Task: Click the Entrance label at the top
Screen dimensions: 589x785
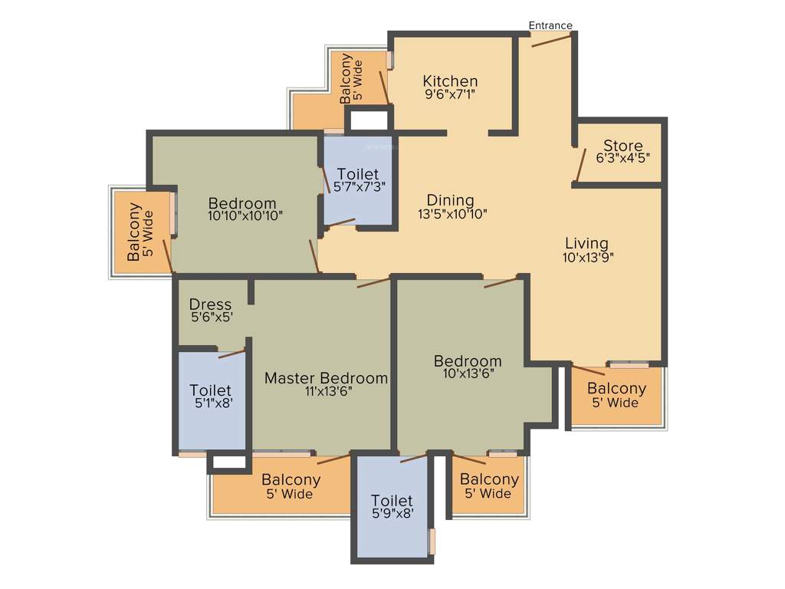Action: pyautogui.click(x=550, y=25)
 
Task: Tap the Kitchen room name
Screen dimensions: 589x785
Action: pyautogui.click(x=450, y=81)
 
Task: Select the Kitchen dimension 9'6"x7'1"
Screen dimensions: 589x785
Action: pyautogui.click(x=450, y=95)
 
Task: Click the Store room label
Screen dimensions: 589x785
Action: pyautogui.click(x=622, y=146)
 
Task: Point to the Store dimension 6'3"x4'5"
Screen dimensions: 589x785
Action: pyautogui.click(x=622, y=159)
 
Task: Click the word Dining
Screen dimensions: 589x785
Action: pyautogui.click(x=451, y=201)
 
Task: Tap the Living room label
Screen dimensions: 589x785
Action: pyautogui.click(x=587, y=244)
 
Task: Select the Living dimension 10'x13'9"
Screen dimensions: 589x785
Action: pyautogui.click(x=587, y=258)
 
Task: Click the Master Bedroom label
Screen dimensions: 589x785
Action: pyautogui.click(x=326, y=378)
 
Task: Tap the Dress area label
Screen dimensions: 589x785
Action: pyautogui.click(x=210, y=304)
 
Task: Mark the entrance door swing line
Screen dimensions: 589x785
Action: pyautogui.click(x=551, y=39)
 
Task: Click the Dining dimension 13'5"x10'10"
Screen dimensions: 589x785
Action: pyautogui.click(x=452, y=214)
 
